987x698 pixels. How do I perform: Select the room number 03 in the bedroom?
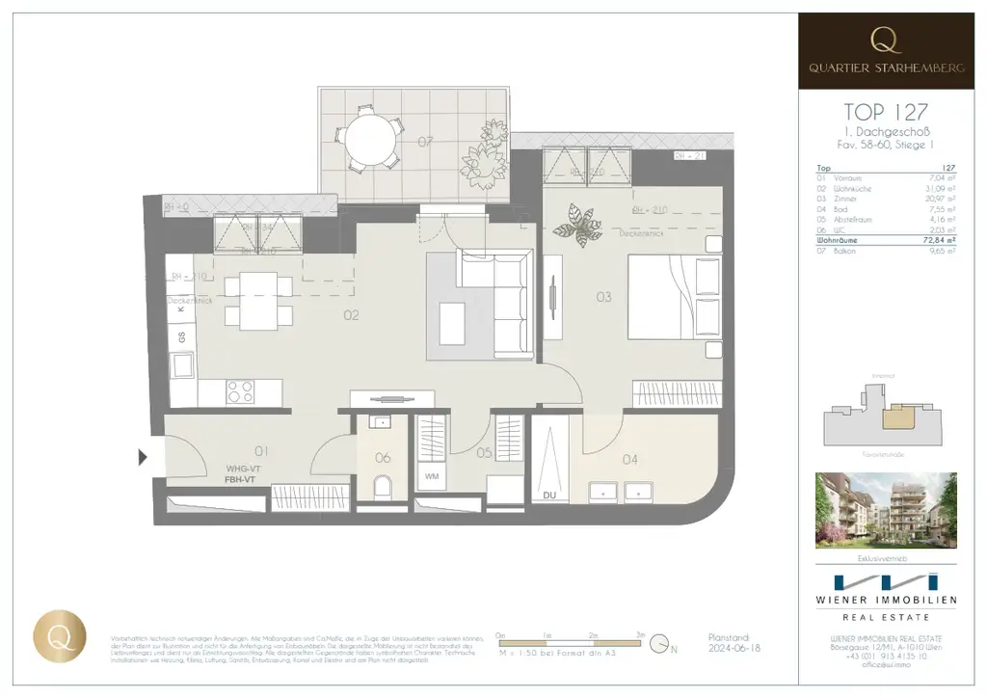[603, 297]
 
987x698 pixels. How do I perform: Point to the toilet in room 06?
[383, 486]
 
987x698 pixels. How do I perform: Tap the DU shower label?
[549, 495]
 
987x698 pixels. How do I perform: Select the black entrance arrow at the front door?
[144, 457]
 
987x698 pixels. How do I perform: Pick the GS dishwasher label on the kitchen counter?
[180, 336]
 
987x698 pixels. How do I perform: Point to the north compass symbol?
[660, 642]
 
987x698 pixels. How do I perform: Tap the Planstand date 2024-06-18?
[734, 650]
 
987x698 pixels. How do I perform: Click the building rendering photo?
[886, 510]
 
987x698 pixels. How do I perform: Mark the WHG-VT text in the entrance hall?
[240, 468]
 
